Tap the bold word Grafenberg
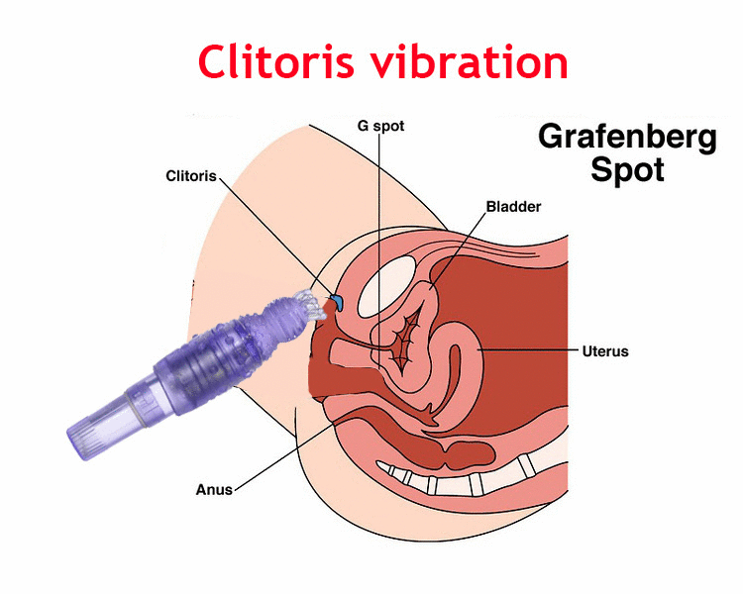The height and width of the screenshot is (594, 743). tap(627, 137)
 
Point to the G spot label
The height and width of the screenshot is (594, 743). tap(380, 126)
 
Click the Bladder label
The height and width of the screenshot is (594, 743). tap(513, 207)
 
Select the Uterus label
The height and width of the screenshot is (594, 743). tap(604, 350)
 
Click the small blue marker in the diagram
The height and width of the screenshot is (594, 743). tap(335, 299)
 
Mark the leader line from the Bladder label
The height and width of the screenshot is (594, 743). tap(459, 247)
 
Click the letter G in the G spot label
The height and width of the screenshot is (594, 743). tap(364, 126)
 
